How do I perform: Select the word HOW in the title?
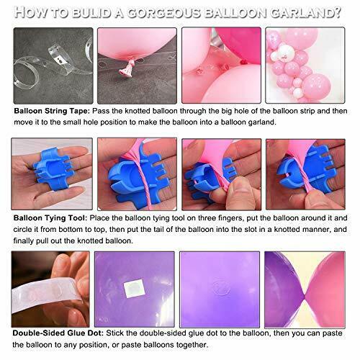point(35,12)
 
